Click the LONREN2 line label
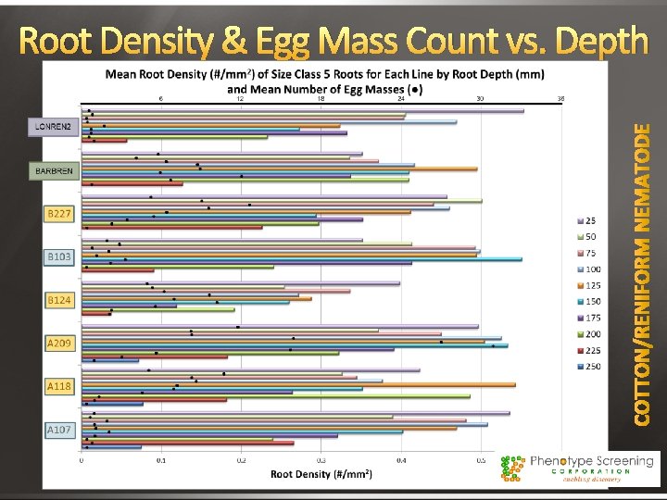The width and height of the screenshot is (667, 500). (x=54, y=126)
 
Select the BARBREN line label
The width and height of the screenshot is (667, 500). (x=55, y=172)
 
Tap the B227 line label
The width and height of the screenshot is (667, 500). (x=58, y=214)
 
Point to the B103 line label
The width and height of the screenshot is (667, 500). (x=58, y=256)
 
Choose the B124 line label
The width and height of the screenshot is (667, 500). (x=58, y=300)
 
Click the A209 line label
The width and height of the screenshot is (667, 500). (x=58, y=344)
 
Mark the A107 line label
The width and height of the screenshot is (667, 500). (x=58, y=430)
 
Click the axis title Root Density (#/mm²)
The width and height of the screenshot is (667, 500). (x=321, y=474)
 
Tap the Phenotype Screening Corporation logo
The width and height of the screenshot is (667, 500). (x=578, y=468)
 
